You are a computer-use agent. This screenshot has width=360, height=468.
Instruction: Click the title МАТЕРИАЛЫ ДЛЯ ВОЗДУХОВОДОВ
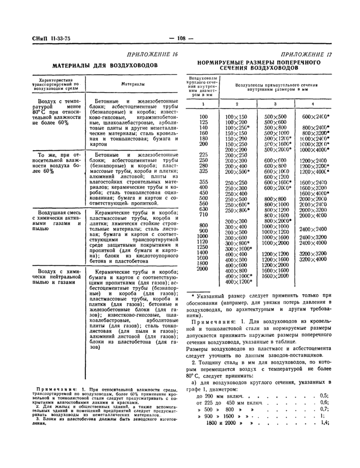coord(100,66)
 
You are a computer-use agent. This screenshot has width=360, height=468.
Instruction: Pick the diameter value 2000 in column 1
coord(202,268)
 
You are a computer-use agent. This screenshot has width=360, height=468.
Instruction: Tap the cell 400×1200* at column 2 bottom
coord(239,282)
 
